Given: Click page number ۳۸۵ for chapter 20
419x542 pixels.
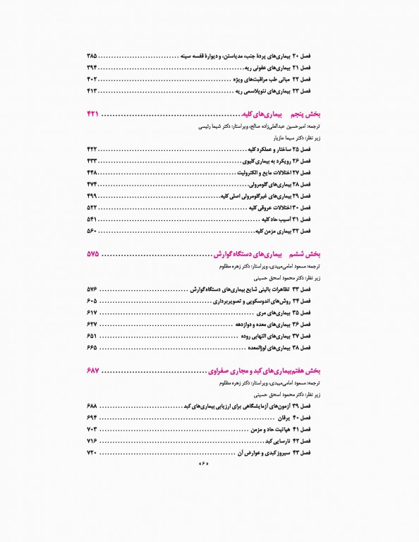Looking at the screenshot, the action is click(x=92, y=55).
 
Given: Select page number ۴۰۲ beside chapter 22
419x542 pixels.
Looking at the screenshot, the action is click(x=92, y=79).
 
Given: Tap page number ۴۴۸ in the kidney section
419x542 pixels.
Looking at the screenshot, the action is click(x=92, y=172).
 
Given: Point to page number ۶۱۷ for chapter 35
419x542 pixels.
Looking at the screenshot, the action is click(x=92, y=313).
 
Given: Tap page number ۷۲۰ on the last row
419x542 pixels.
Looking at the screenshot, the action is click(x=92, y=452).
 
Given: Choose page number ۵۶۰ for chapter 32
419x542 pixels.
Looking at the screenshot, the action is click(x=92, y=231).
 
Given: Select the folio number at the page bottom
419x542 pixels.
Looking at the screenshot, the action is click(x=205, y=464).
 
